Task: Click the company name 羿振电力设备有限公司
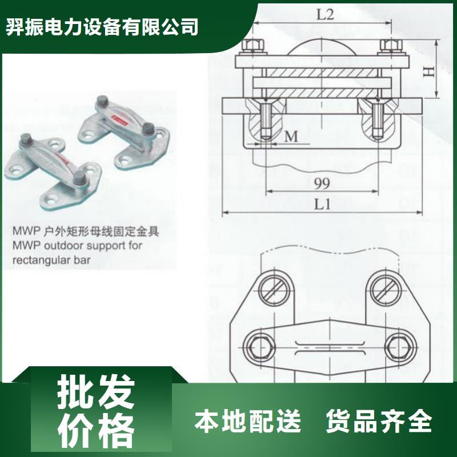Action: click(103, 27)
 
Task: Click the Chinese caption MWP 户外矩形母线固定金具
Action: click(79, 232)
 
